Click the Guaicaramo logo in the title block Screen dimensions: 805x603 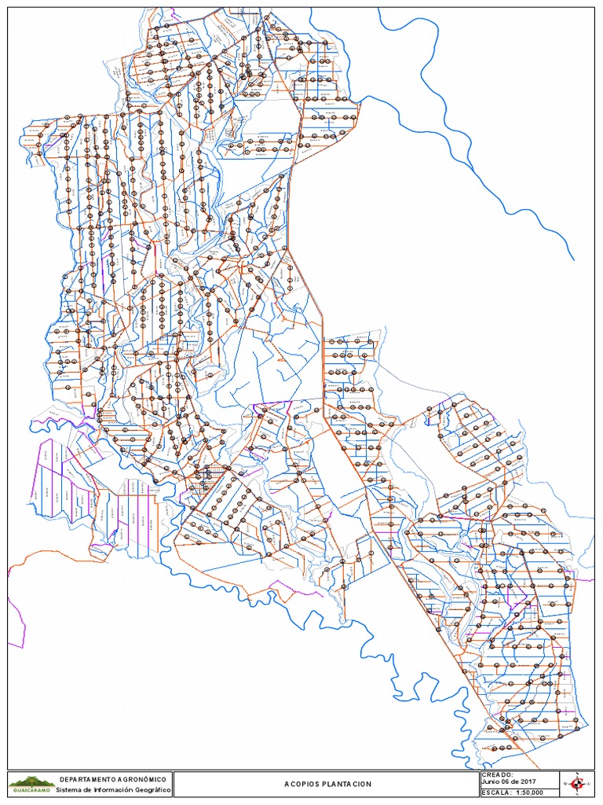pos(31,784)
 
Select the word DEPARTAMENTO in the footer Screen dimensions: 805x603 pos(86,778)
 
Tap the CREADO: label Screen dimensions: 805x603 pos(497,775)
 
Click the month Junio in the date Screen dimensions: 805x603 pos(490,783)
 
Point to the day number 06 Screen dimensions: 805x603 pos(507,783)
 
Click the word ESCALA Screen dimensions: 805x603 pos(496,792)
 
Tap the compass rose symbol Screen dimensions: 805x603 pos(578,783)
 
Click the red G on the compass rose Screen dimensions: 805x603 pos(578,783)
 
